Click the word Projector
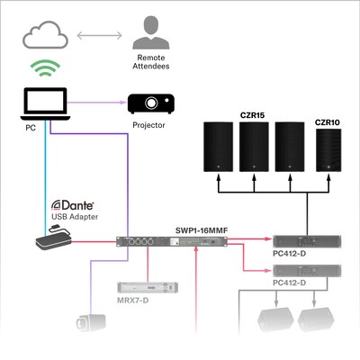coord(148,126)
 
